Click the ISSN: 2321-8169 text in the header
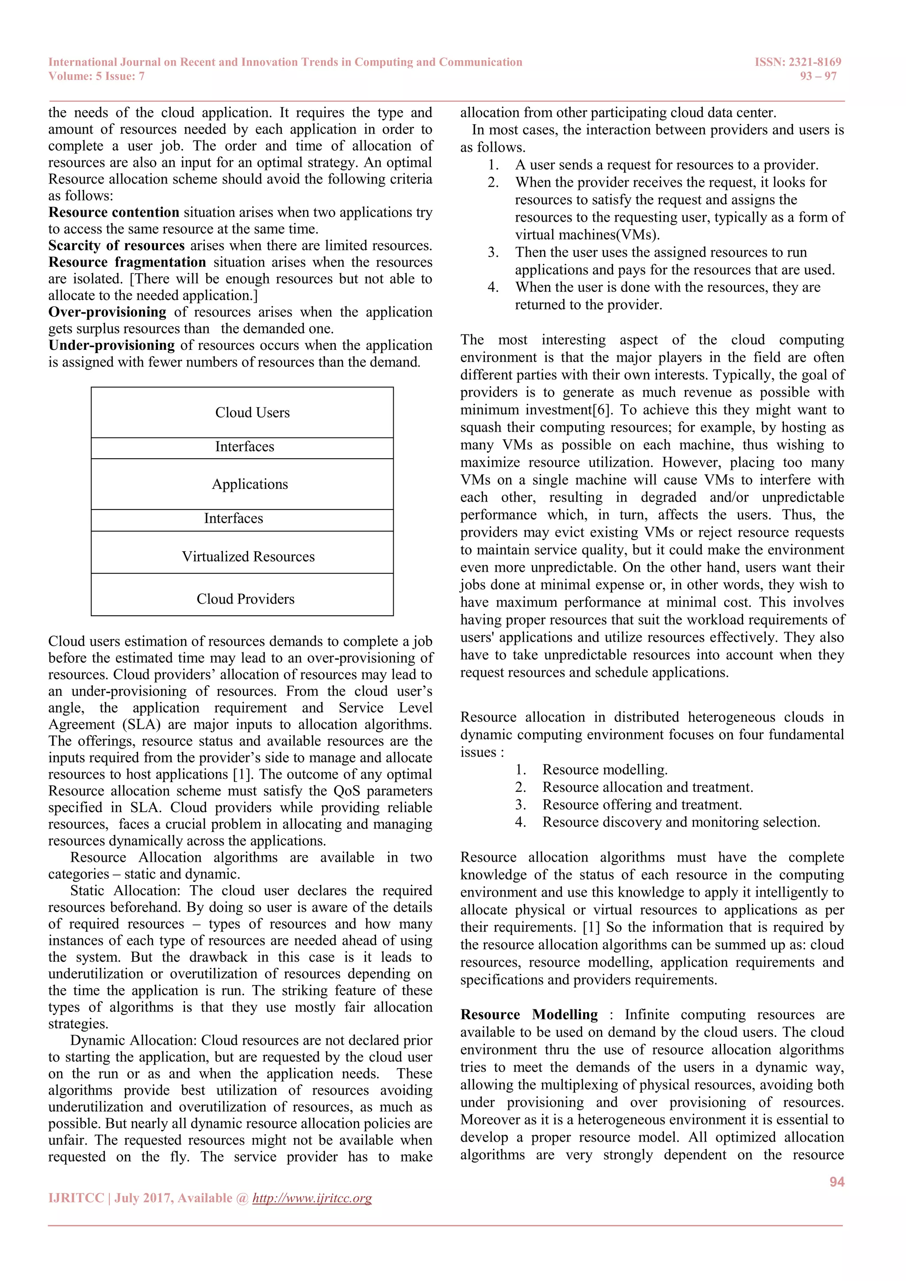tap(797, 62)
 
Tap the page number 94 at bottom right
tap(836, 1181)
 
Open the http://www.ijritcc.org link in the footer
tap(312, 1198)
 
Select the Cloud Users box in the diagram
tap(252, 412)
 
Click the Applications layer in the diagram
tap(250, 484)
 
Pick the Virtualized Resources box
tap(248, 556)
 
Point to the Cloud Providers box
tap(246, 598)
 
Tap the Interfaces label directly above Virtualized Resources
tap(233, 518)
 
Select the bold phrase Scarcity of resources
tap(116, 245)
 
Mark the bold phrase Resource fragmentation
tap(127, 262)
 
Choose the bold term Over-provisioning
tap(107, 312)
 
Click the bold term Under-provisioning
tap(111, 345)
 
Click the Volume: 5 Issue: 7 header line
tap(96, 77)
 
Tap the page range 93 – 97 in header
tap(818, 77)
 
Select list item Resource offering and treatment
tap(641, 805)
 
